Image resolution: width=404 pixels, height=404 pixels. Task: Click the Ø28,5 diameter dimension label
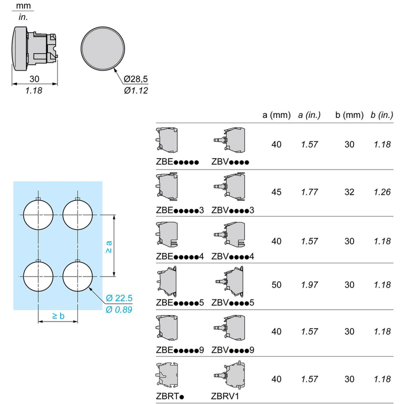[136, 79]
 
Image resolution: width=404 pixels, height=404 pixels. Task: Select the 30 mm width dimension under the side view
[34, 79]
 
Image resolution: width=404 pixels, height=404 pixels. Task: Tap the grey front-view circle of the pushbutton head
[103, 48]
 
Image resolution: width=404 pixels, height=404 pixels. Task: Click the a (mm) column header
[276, 115]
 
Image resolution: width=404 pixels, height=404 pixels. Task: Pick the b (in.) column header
[382, 115]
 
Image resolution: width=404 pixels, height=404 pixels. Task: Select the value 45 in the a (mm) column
[276, 192]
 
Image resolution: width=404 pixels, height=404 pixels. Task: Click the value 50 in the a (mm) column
[276, 285]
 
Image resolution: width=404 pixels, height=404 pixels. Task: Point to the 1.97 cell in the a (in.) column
[309, 285]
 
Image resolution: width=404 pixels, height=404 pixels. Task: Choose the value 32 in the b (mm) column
[349, 192]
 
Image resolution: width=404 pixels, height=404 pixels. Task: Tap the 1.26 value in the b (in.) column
[382, 192]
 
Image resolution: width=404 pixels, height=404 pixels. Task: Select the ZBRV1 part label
[225, 396]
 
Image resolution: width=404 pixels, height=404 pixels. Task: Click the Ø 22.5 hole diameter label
[119, 298]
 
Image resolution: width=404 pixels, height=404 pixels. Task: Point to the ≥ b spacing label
[58, 316]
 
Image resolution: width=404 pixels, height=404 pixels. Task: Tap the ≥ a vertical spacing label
[108, 247]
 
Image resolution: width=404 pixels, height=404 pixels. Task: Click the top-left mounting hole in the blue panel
[38, 215]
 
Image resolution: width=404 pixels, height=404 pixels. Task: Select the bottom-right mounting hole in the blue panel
[78, 276]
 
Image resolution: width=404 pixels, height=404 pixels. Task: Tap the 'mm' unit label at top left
[23, 6]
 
